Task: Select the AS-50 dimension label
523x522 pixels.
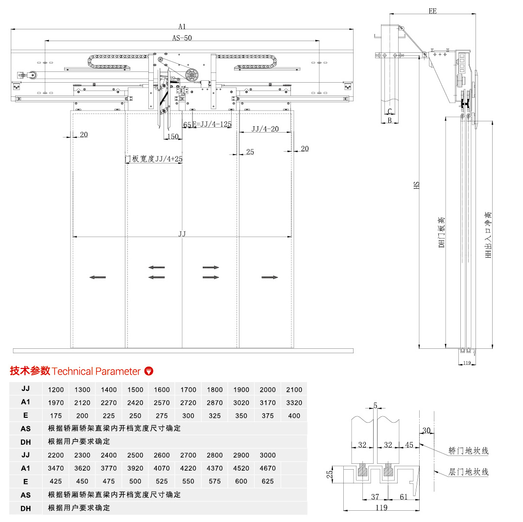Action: pyautogui.click(x=182, y=38)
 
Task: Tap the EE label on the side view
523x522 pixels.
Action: pyautogui.click(x=432, y=11)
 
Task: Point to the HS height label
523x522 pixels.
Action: pyautogui.click(x=417, y=185)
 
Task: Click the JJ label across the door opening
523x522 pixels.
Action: pyautogui.click(x=182, y=234)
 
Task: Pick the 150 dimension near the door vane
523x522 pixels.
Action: pyautogui.click(x=173, y=137)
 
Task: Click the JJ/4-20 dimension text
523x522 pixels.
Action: pyautogui.click(x=265, y=129)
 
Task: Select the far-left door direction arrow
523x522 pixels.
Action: pyautogui.click(x=98, y=277)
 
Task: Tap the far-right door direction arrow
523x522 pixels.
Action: pyautogui.click(x=269, y=277)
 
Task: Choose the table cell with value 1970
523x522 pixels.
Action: pyautogui.click(x=56, y=403)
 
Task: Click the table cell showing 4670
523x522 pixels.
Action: pyautogui.click(x=267, y=468)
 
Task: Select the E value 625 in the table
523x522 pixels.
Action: pyautogui.click(x=267, y=481)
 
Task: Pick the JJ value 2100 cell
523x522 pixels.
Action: pyautogui.click(x=294, y=390)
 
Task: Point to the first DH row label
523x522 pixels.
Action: pyautogui.click(x=25, y=442)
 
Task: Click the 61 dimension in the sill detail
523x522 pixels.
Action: pyautogui.click(x=404, y=497)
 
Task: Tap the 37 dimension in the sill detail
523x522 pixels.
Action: pyautogui.click(x=375, y=497)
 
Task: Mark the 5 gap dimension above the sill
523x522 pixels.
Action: pyautogui.click(x=375, y=406)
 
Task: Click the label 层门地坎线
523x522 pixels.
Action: pyautogui.click(x=468, y=472)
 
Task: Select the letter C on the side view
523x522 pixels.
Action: pyautogui.click(x=389, y=111)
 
